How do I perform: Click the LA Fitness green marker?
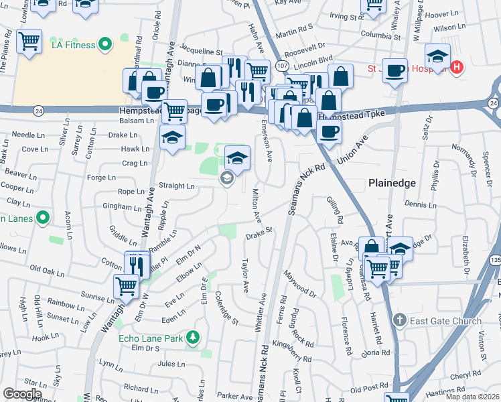[104, 45]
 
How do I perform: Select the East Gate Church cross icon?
[400, 320]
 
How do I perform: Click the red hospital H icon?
[457, 67]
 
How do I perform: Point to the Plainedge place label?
[392, 183]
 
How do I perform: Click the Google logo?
[23, 393]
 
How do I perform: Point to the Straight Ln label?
[176, 186]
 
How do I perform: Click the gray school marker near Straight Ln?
[226, 178]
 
